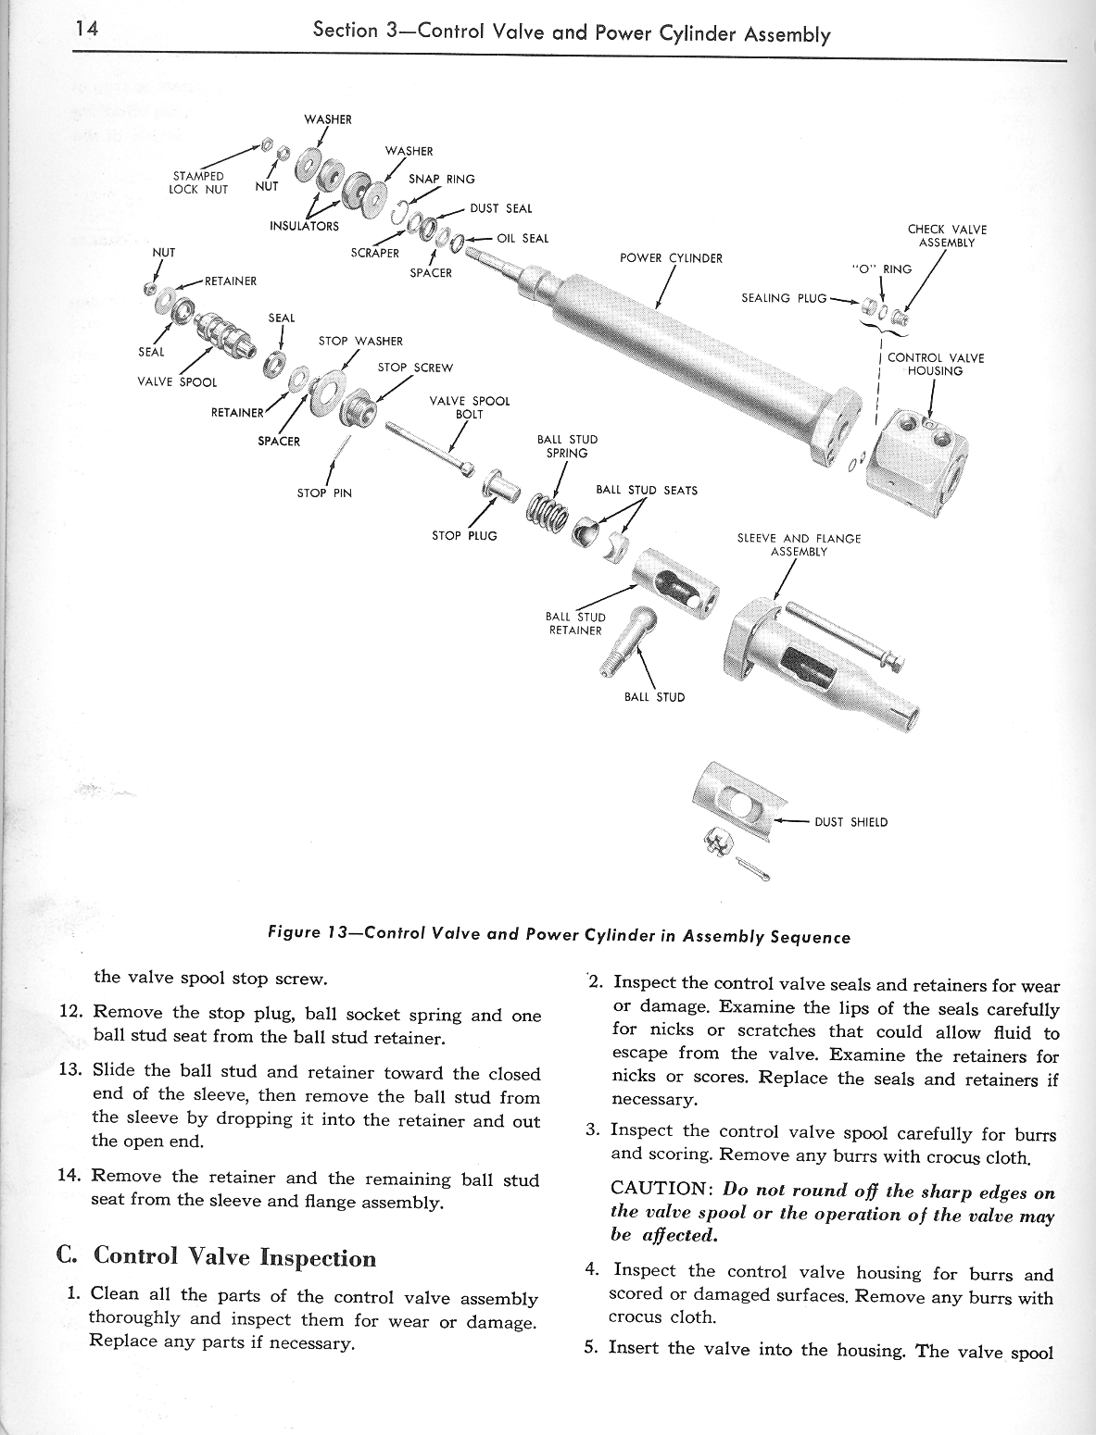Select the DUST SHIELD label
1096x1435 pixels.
click(x=850, y=822)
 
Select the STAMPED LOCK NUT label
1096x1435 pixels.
click(x=198, y=181)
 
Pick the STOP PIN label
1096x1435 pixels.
click(x=324, y=493)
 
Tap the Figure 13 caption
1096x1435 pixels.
click(x=557, y=936)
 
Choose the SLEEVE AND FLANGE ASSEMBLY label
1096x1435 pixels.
click(x=799, y=544)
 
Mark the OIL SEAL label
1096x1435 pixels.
click(x=523, y=238)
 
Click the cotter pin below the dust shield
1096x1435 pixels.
click(x=758, y=867)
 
